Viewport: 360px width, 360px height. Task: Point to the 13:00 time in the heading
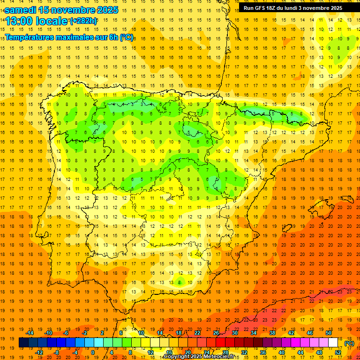tap(19, 21)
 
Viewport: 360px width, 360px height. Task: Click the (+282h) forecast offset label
tap(83, 21)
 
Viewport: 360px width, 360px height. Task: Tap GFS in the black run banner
tap(261, 8)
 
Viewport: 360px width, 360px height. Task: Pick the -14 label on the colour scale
tap(30, 333)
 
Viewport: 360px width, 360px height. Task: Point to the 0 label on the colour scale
tap(92, 352)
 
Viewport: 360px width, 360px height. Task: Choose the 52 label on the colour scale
tap(338, 352)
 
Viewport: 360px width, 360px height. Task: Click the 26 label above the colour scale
tap(216, 333)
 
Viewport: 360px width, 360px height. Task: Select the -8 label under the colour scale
tap(57, 352)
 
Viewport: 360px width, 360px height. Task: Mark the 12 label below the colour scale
tap(150, 352)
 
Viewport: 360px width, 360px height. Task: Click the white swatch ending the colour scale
tap(333, 343)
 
